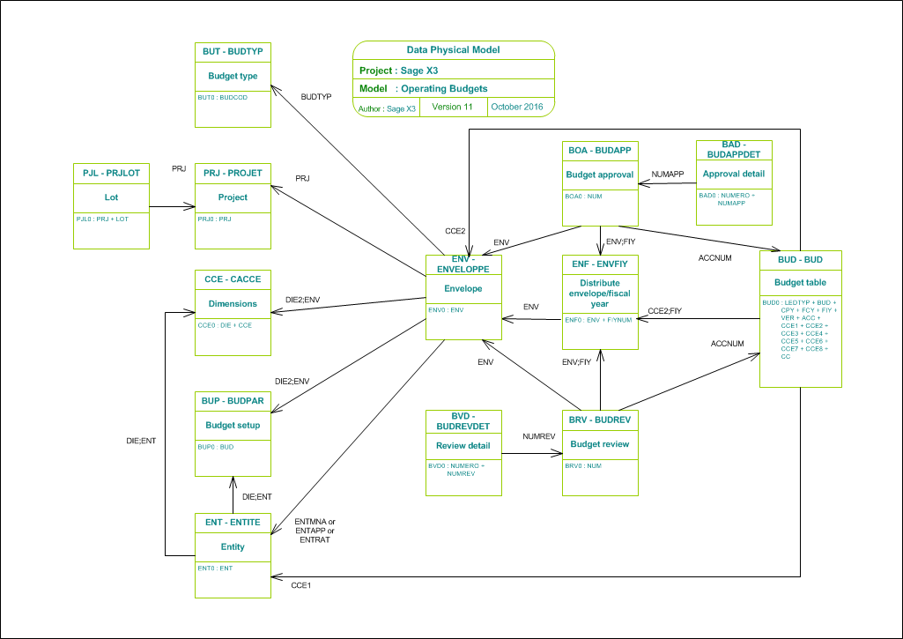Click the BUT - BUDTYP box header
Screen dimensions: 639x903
233,52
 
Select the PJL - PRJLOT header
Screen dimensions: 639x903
111,173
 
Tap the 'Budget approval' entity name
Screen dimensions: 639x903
600,175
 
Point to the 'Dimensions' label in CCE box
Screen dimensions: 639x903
233,303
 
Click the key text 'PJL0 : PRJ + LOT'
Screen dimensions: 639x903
102,219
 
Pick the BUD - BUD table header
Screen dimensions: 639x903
799,260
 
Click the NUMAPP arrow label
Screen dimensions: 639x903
668,175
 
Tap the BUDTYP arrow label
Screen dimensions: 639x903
316,96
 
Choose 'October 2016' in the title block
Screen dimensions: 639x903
517,107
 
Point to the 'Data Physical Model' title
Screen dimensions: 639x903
453,50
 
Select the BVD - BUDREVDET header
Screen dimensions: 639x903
463,420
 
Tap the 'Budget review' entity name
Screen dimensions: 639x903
600,444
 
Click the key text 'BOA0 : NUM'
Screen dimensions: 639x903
583,197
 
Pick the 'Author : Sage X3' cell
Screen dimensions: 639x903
387,108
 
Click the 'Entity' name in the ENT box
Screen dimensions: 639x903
233,546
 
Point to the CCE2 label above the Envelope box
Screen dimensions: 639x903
455,231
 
